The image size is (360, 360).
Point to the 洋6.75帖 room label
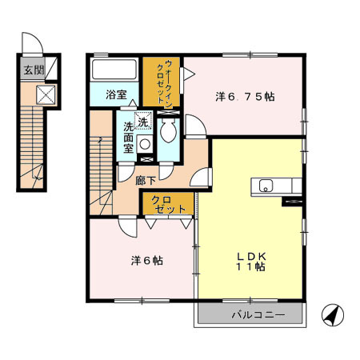(246, 97)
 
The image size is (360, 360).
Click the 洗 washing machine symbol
(142, 122)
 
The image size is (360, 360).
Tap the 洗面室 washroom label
(129, 138)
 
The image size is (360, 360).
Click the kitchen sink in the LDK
(265, 186)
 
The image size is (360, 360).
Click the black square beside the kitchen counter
(290, 201)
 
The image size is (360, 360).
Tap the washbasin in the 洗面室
(145, 144)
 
